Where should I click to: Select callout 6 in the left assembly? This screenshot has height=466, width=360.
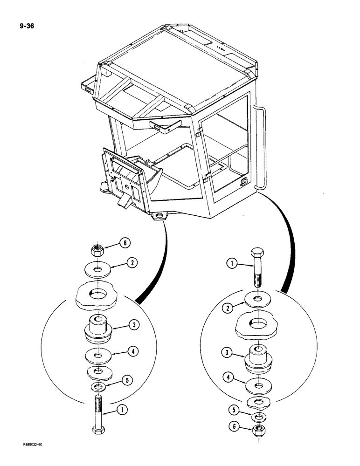tap(125, 243)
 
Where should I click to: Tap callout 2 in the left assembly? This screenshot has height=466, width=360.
tap(132, 263)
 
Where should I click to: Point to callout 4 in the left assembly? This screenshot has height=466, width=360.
tap(133, 352)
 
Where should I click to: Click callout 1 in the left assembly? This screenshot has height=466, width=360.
tap(122, 411)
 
